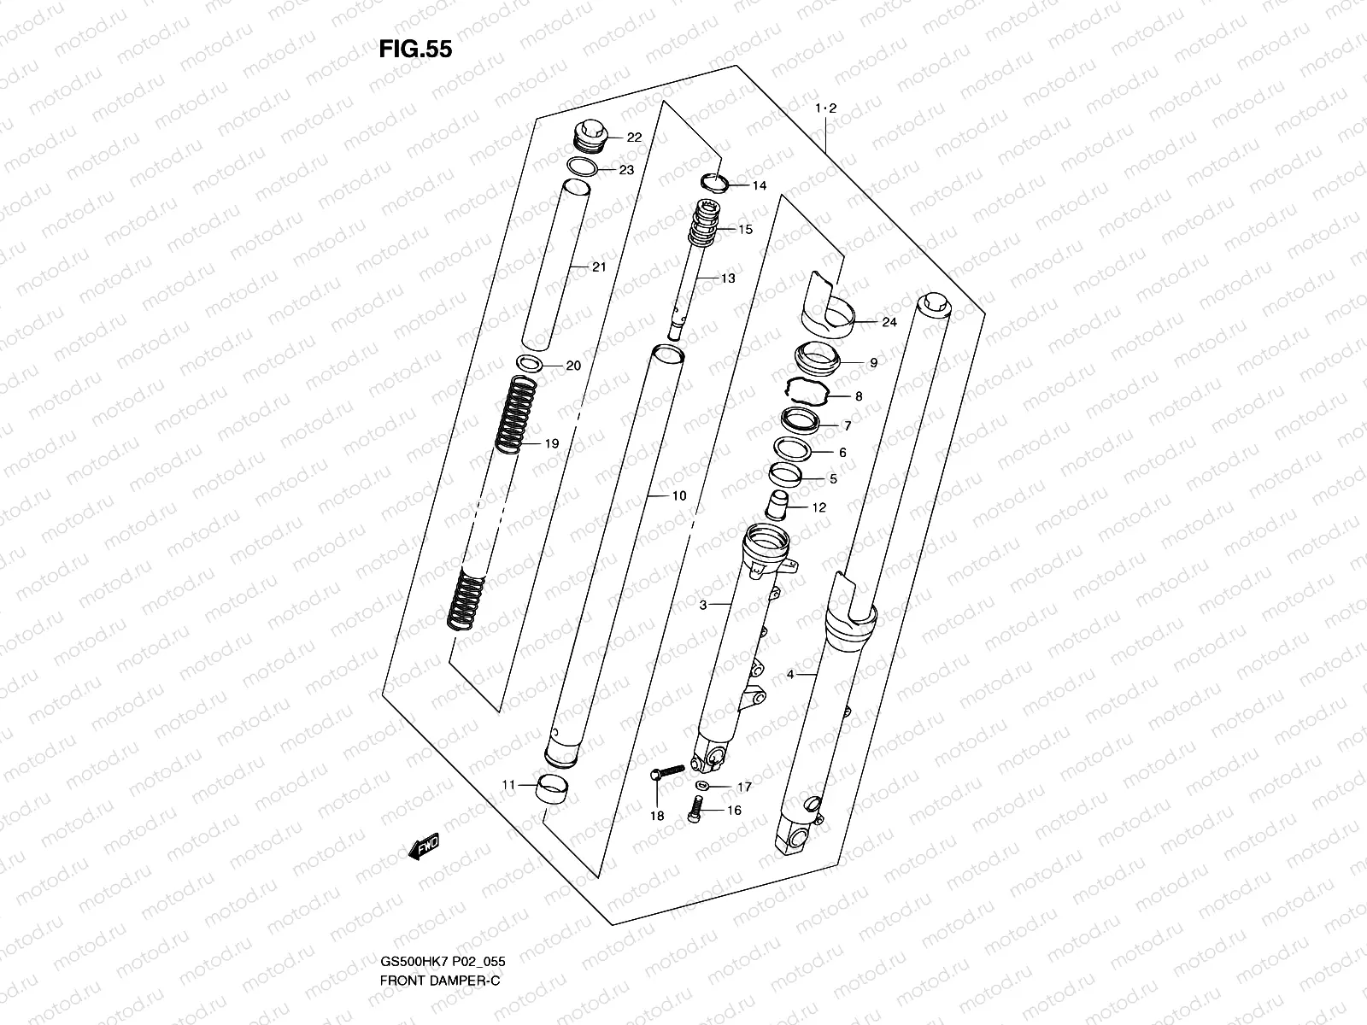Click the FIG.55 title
(x=415, y=50)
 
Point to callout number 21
(x=598, y=267)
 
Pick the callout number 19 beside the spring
(x=551, y=444)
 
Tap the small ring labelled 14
(x=713, y=182)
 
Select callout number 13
(x=727, y=278)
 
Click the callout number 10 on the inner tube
(x=678, y=495)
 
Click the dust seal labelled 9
(x=818, y=354)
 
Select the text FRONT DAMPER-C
(x=439, y=1004)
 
